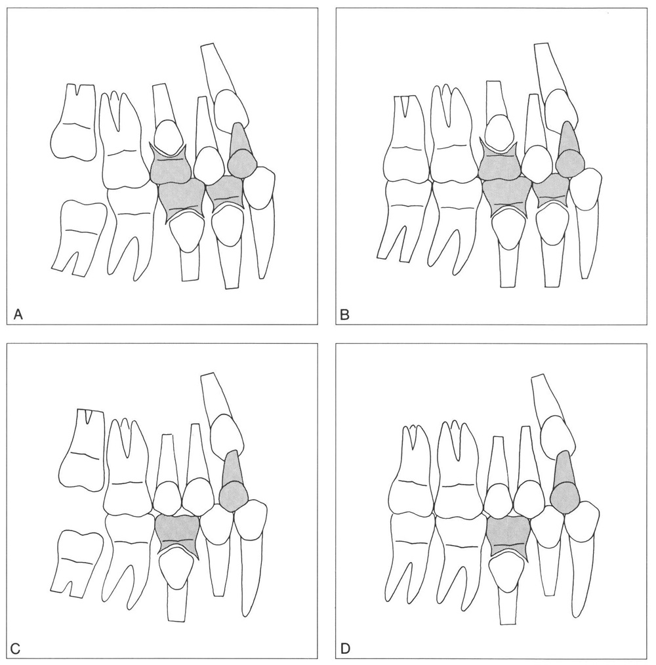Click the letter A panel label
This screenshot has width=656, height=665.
click(x=18, y=314)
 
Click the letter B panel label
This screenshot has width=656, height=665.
click(x=345, y=315)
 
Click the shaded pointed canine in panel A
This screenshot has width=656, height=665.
click(x=241, y=153)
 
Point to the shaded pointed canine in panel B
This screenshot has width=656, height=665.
click(x=570, y=151)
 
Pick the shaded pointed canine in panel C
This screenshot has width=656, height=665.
click(x=233, y=481)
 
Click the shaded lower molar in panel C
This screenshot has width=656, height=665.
click(x=177, y=534)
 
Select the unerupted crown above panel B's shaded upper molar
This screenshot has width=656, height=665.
click(x=499, y=134)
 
